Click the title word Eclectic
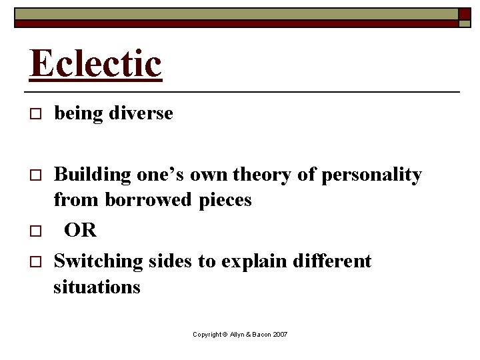pos(95,64)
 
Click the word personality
pos(371,175)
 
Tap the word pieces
pos(225,200)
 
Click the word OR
pos(81,231)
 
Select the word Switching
pos(98,261)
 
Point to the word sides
pos(170,261)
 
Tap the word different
pos(332,261)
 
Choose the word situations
pos(97,287)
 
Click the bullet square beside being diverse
pos(35,115)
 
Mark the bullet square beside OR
pos(35,231)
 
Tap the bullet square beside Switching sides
pos(35,262)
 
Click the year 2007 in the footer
pos(280,334)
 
